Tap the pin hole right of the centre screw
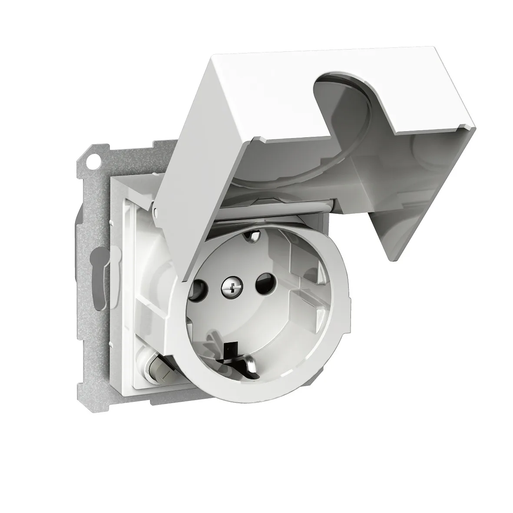(262, 287)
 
